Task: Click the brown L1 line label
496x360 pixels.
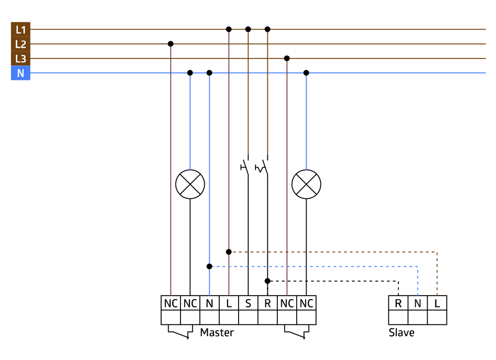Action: (x=20, y=29)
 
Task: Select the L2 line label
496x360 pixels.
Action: (x=20, y=44)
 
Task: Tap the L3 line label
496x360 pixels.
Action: (x=20, y=59)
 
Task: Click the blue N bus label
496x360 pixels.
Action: (x=20, y=73)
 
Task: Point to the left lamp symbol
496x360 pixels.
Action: (x=190, y=184)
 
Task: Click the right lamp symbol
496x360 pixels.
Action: (x=306, y=184)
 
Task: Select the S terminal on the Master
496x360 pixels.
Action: (x=248, y=303)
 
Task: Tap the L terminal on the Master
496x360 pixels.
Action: (x=229, y=303)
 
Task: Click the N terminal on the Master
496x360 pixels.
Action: (x=209, y=303)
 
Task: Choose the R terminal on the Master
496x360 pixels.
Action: (x=267, y=303)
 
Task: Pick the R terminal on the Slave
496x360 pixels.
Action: (x=398, y=303)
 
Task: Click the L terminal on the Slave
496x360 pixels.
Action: (x=437, y=303)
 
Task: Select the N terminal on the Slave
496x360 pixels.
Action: (x=418, y=303)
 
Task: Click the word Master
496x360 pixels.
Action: (x=217, y=332)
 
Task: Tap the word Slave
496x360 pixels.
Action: (x=401, y=332)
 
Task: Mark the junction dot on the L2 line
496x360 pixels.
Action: (x=171, y=44)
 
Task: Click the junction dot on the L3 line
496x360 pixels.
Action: (x=287, y=59)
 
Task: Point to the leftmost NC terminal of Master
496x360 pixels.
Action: (x=171, y=303)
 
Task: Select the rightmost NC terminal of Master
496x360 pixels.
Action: (x=306, y=303)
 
